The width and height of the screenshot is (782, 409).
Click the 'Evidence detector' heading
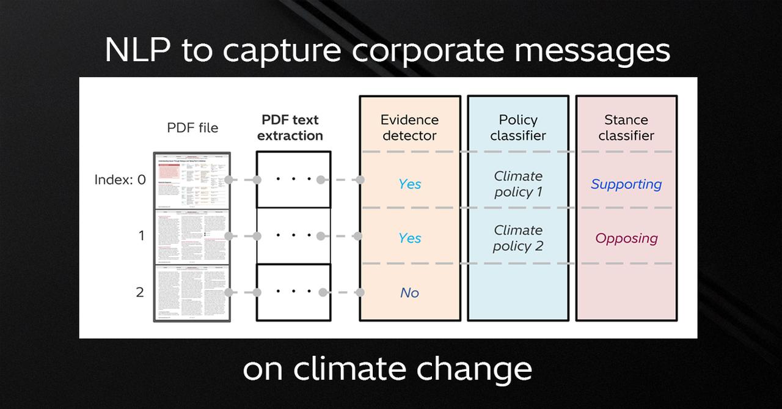coord(409,127)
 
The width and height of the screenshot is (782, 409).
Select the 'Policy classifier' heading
coord(518,127)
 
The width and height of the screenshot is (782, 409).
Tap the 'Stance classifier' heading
coord(626,127)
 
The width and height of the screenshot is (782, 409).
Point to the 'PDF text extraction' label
coord(290,127)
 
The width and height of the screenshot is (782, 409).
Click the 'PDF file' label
coord(192,128)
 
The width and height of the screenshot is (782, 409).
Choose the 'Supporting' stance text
coord(626,184)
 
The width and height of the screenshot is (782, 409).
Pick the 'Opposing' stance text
coord(626,238)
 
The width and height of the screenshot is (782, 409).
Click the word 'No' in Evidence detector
coord(409,293)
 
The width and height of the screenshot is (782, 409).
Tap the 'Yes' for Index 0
coord(409,184)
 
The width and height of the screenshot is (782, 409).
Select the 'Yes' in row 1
coord(409,238)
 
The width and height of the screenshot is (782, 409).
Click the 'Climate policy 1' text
coord(518,184)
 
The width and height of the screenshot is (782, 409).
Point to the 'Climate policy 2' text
coord(518,238)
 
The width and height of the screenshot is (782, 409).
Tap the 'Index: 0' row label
coord(120,180)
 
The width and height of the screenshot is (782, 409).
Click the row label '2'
coord(140,292)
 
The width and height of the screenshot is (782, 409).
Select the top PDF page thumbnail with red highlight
coord(192,181)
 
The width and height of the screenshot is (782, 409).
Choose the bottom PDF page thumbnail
coord(192,293)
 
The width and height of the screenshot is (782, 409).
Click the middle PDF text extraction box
coord(293,236)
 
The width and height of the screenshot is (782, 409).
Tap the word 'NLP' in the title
coord(138,50)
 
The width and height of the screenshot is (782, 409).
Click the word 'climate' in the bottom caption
coord(351,369)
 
